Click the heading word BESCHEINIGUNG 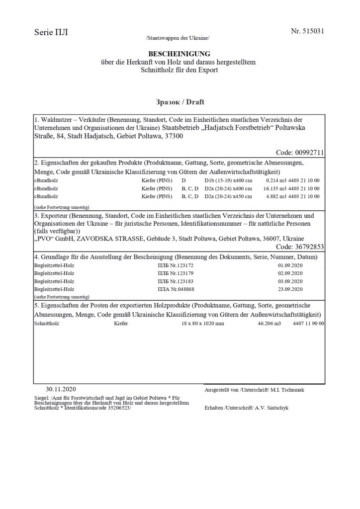(180, 54)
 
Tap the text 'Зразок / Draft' (180, 102)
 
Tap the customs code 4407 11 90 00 (309, 324)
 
